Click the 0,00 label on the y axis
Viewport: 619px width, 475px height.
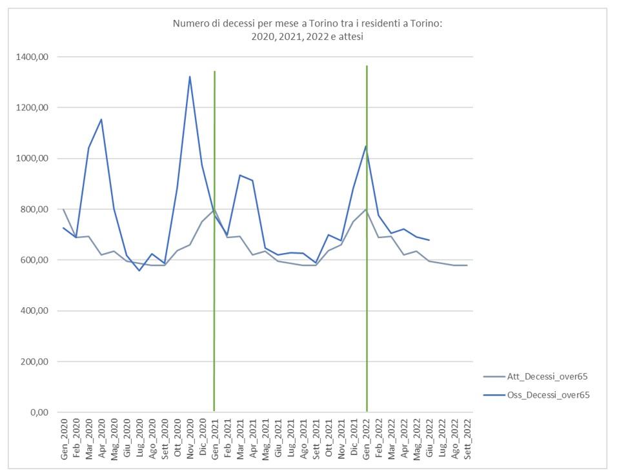(43, 412)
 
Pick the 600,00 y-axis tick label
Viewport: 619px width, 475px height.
(38, 260)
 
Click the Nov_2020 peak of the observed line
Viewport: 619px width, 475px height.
(190, 77)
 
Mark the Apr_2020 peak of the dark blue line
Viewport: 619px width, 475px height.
(101, 119)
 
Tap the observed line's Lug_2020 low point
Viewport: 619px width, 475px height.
(139, 270)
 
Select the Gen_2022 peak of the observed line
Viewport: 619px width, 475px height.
(367, 146)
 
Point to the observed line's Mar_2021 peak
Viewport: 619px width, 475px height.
(240, 175)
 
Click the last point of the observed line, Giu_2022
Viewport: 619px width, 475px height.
(430, 240)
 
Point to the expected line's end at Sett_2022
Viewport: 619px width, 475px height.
(467, 265)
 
